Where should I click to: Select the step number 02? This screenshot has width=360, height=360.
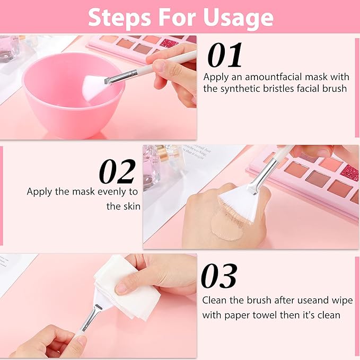(x=118, y=172)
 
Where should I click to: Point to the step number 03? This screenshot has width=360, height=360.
(x=218, y=276)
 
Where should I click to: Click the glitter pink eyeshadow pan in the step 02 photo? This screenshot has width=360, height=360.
(x=348, y=173)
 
